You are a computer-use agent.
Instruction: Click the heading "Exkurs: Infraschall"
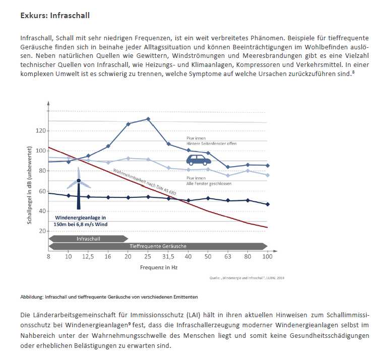(x=55, y=16)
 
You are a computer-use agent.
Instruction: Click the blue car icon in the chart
(x=199, y=160)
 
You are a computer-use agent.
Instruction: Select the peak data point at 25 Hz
(x=148, y=119)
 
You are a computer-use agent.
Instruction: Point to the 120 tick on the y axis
(x=41, y=131)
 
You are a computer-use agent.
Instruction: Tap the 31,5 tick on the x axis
(x=168, y=257)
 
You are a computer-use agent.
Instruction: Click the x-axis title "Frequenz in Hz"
(x=158, y=267)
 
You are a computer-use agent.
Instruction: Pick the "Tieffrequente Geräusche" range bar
(x=158, y=246)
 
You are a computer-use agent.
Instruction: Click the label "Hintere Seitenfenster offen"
(x=211, y=143)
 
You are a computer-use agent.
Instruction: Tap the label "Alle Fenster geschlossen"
(x=209, y=183)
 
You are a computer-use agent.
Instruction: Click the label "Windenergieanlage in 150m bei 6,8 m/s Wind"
(x=81, y=221)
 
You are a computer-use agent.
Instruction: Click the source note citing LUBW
(x=247, y=277)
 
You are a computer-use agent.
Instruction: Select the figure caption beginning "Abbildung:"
(x=109, y=297)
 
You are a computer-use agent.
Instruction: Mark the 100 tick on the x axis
(x=267, y=257)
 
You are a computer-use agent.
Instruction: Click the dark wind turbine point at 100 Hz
(x=267, y=204)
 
